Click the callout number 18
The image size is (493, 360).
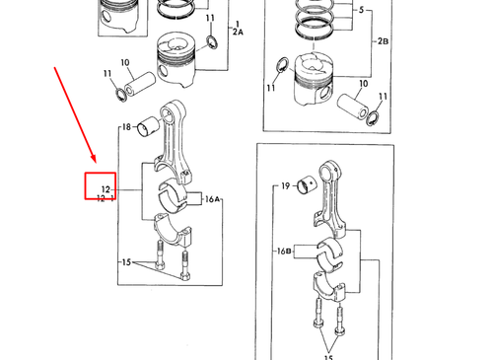click(x=126, y=126)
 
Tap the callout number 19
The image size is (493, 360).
click(x=286, y=186)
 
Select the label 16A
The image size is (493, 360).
click(x=212, y=199)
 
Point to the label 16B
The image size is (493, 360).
click(x=284, y=252)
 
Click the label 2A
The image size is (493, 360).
click(x=238, y=32)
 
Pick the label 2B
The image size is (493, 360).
click(x=383, y=41)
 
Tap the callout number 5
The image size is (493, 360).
click(x=361, y=10)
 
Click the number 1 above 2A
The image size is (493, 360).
click(x=238, y=24)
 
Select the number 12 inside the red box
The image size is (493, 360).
click(x=106, y=189)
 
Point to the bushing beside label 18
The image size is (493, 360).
click(x=148, y=126)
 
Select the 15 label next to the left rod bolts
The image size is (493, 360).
click(x=126, y=262)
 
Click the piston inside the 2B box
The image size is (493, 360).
click(x=314, y=79)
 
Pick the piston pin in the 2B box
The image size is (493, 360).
click(x=353, y=106)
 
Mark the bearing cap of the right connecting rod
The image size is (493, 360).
click(x=328, y=285)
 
